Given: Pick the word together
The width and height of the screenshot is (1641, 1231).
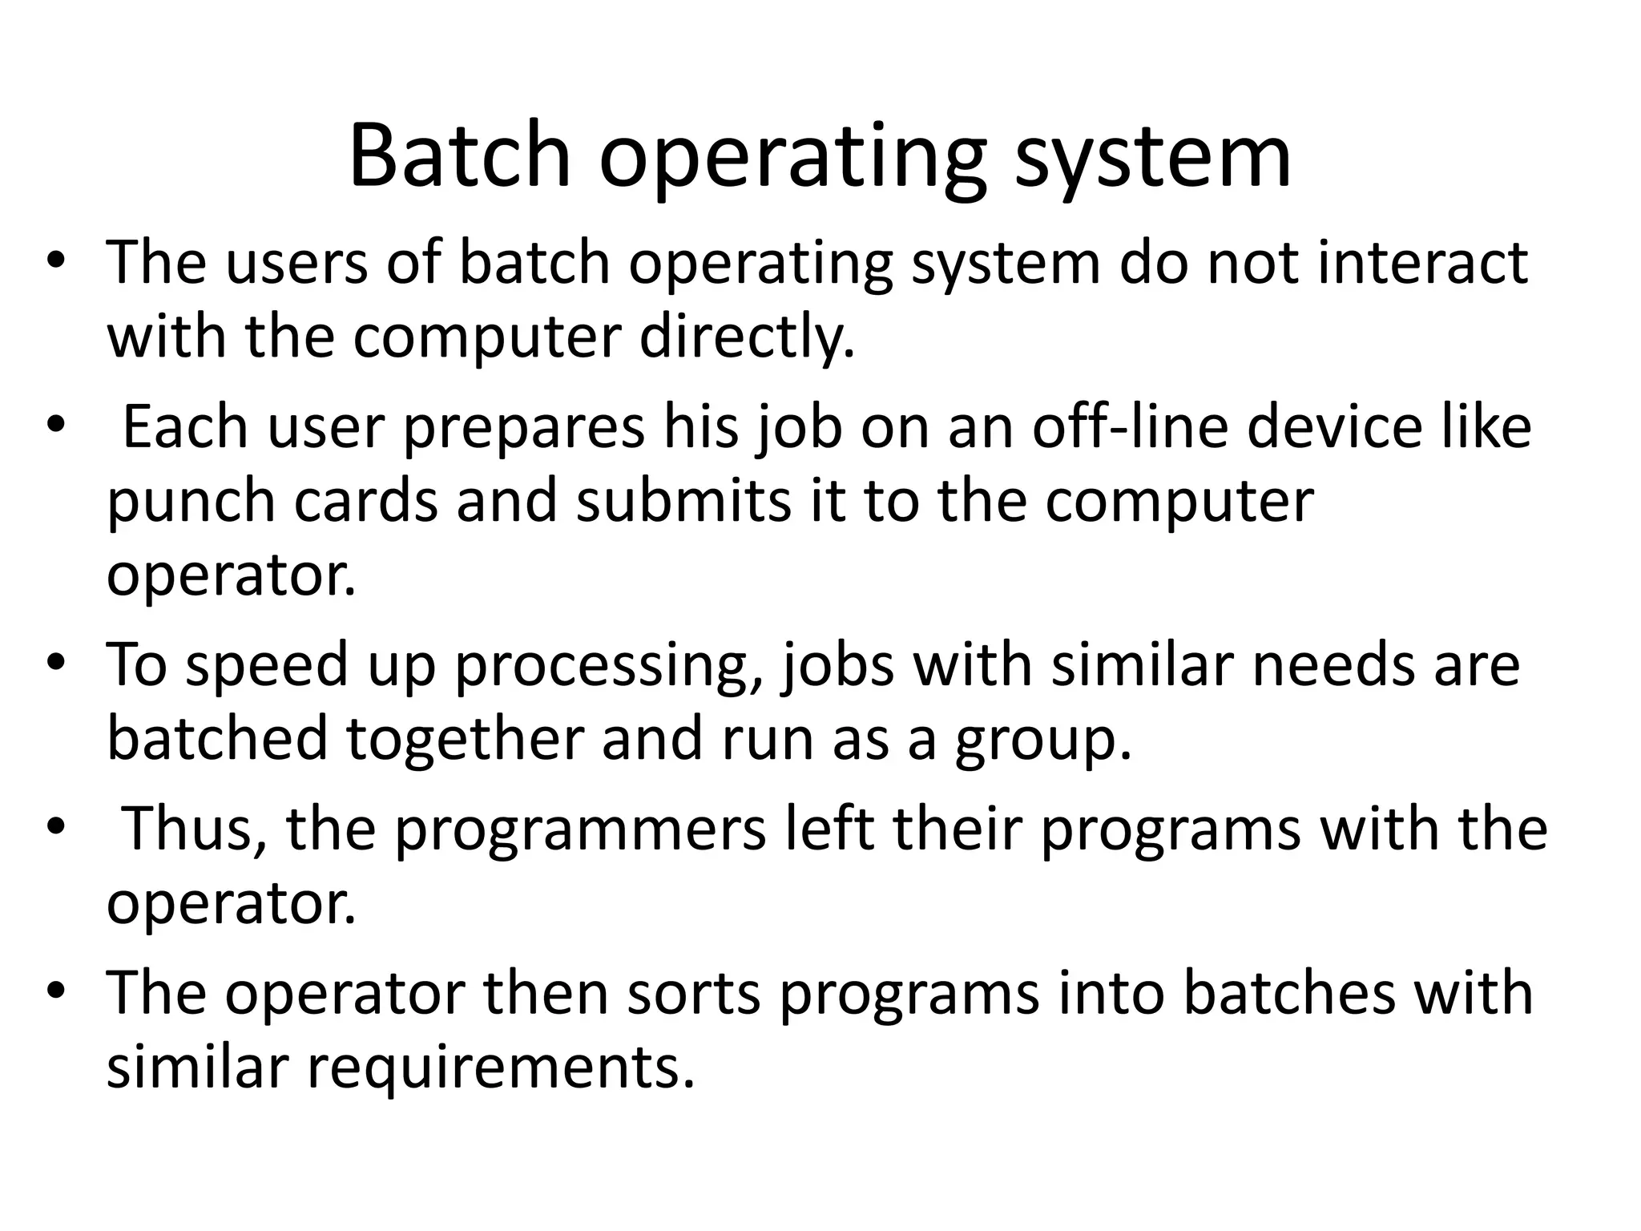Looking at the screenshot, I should [x=465, y=740].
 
